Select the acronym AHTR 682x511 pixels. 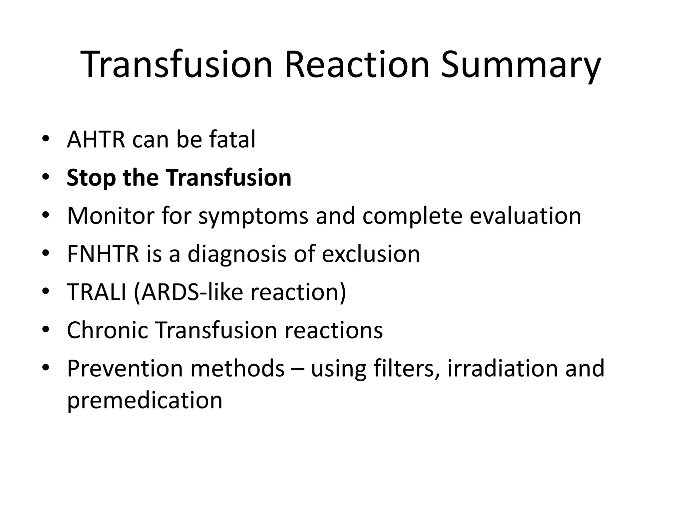pos(96,140)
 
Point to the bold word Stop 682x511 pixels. pos(91,178)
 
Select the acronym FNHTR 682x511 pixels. pos(103,254)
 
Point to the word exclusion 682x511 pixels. pos(371,254)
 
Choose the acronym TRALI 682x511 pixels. pos(97,292)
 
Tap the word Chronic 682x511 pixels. pos(107,330)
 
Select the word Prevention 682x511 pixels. pos(125,368)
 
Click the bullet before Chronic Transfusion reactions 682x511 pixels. pos(46,330)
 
